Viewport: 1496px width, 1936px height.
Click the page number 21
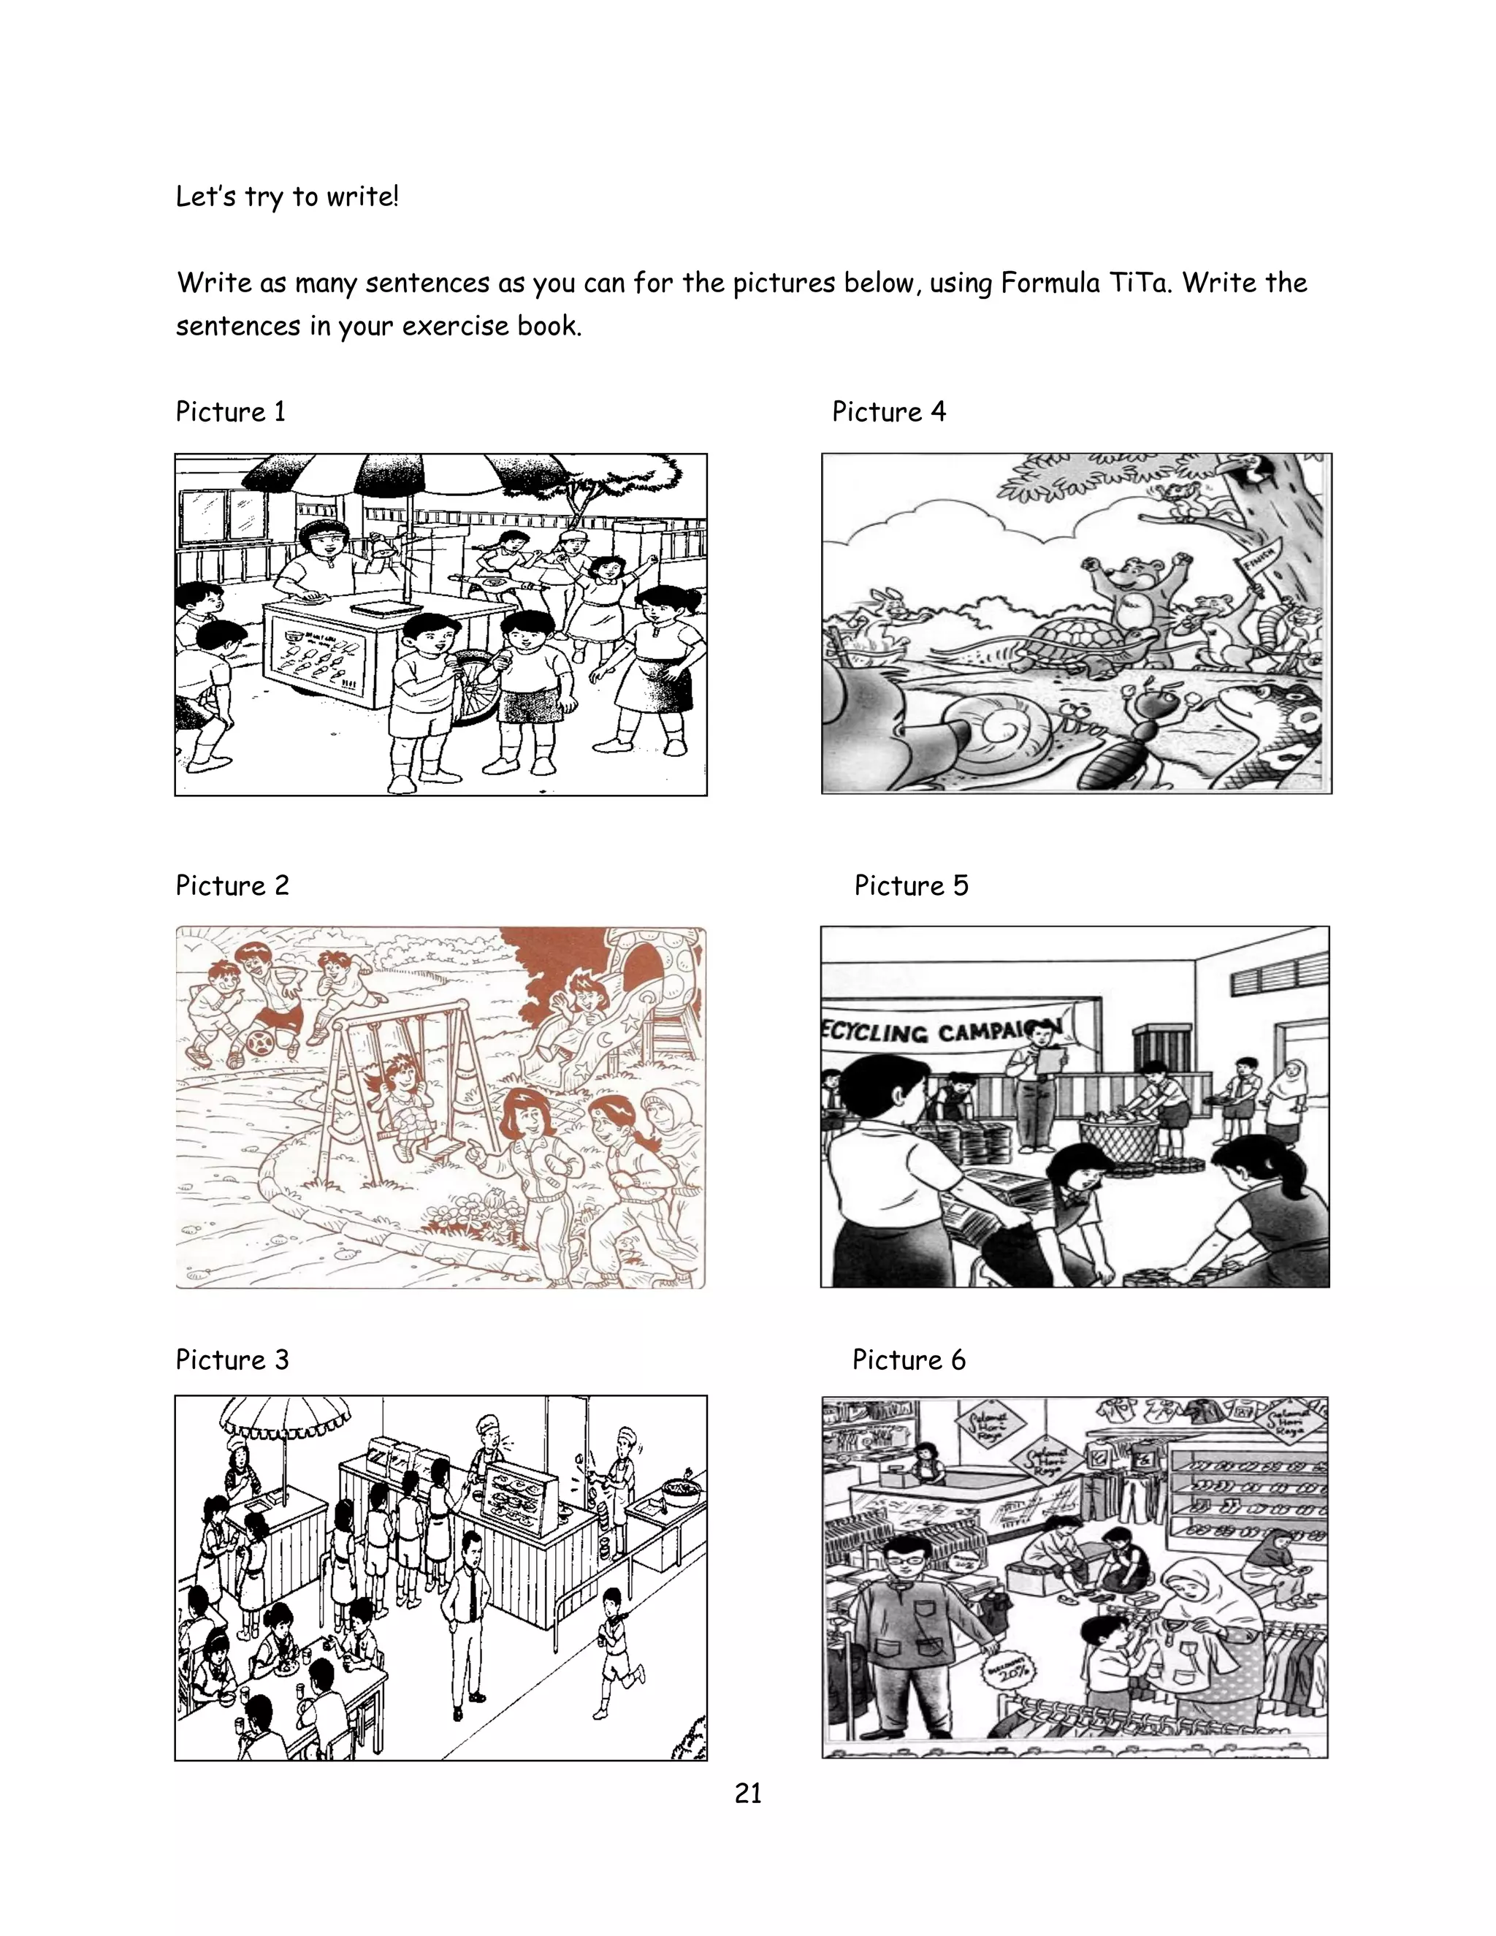748,1794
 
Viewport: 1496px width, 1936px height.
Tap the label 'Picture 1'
230,411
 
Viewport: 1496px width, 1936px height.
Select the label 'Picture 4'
888,411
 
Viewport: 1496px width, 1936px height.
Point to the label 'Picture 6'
909,1360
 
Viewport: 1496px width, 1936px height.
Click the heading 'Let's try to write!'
287,196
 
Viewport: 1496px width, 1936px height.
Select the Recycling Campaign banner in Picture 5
939,1032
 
